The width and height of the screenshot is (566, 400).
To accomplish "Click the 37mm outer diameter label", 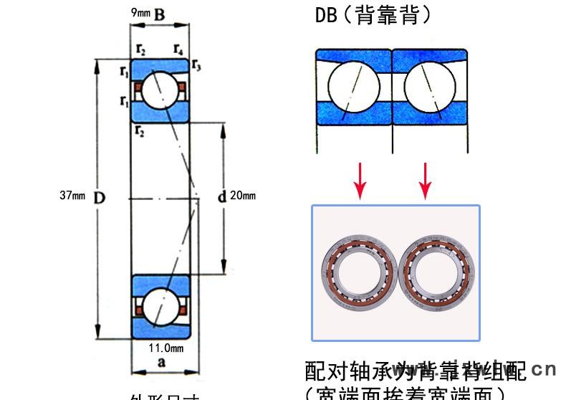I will (x=72, y=196).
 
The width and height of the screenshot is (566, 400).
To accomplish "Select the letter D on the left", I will (x=100, y=196).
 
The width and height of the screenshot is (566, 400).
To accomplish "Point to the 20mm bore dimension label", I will (x=244, y=196).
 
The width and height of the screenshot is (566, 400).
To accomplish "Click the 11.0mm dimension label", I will (x=166, y=348).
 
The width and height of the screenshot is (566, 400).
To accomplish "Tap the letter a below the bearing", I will (x=161, y=363).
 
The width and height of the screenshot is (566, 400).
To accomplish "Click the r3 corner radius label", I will (x=196, y=67).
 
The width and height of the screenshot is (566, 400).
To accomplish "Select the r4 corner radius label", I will (x=178, y=49).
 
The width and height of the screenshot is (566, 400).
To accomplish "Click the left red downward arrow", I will (x=360, y=181).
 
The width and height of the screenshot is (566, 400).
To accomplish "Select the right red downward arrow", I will (x=426, y=181).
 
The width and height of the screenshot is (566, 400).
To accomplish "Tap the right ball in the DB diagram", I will (x=428, y=87).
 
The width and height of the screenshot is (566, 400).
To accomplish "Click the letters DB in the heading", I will (x=326, y=15).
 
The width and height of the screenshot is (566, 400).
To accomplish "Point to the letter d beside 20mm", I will (x=222, y=196).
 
